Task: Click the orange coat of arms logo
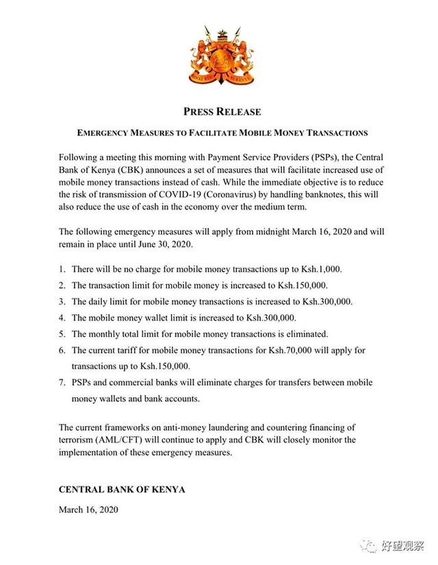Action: (x=222, y=57)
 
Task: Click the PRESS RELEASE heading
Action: (x=222, y=112)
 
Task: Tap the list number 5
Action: (x=62, y=334)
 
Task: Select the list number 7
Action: (x=62, y=383)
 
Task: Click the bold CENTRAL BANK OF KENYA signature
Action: (x=122, y=490)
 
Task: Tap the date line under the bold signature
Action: (x=88, y=510)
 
